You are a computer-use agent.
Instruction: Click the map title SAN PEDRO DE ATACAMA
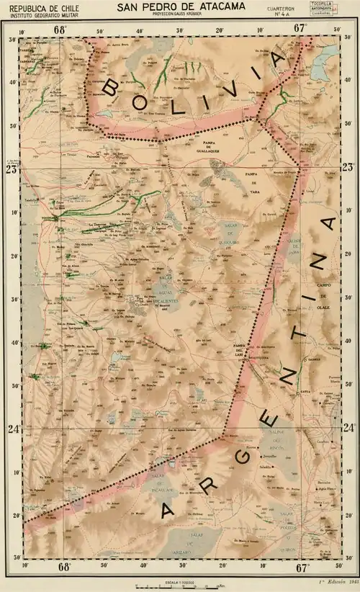pos(181,6)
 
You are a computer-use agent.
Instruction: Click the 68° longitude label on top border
pos(60,29)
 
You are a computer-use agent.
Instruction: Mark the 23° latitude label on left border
pos(11,170)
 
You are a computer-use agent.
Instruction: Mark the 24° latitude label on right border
pos(348,428)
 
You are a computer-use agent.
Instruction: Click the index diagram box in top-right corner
pos(324,8)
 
